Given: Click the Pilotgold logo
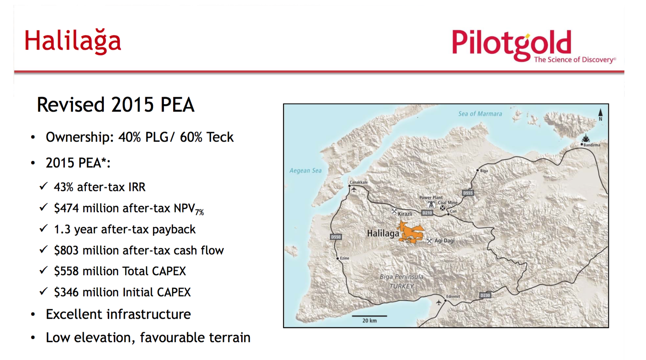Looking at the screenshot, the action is point(533,45).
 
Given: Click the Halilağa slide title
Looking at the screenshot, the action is point(73,41).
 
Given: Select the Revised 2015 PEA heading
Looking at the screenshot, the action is point(116,105).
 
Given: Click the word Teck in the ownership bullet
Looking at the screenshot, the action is point(220,137).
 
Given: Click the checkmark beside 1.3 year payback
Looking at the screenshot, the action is point(44,228).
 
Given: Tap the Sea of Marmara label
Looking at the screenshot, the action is point(480,114).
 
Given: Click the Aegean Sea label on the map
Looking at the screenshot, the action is point(305,171).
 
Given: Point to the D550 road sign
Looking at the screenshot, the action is point(336,237).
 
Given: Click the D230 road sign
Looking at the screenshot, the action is point(485,295).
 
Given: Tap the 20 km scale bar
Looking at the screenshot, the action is point(370,316).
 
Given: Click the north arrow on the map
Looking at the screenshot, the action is point(601,113).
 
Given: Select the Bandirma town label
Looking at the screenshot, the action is point(592,145).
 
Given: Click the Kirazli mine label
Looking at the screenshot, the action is point(405,214).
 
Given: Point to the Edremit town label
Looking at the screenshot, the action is point(453,296).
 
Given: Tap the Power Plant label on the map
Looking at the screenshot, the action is point(431,198).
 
